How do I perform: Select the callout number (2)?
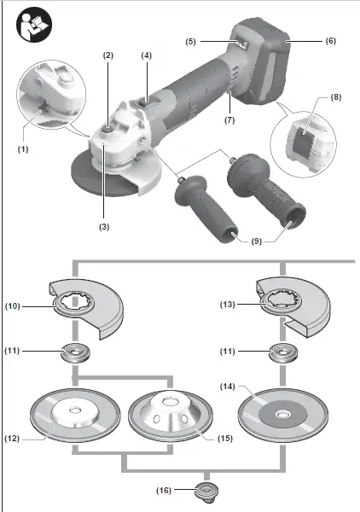(x=108, y=55)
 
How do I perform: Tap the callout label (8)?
(x=335, y=97)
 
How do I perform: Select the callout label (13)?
(x=228, y=305)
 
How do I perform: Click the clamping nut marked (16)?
(x=206, y=490)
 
